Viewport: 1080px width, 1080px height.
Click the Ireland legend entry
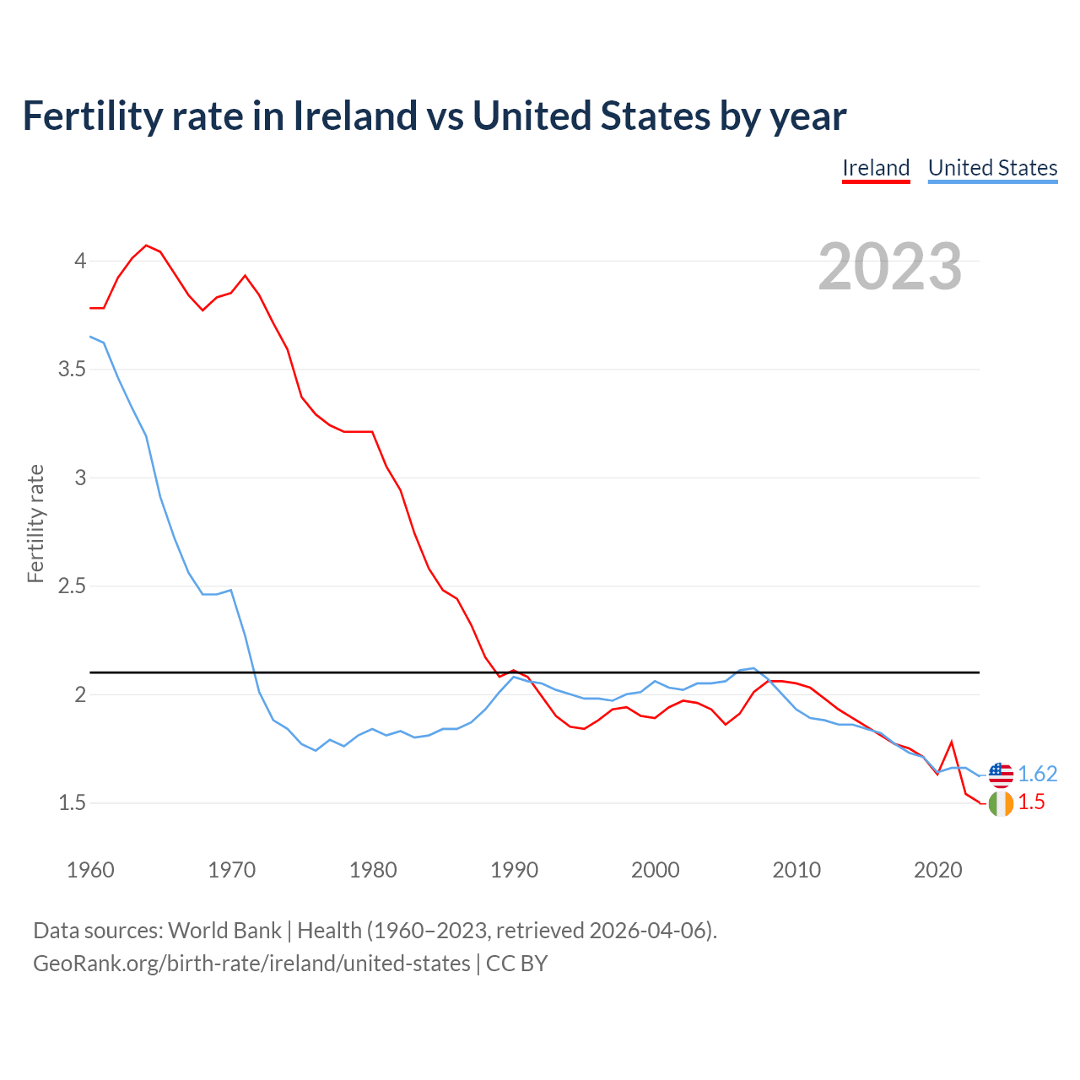(x=876, y=168)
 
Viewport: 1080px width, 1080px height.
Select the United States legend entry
(x=992, y=168)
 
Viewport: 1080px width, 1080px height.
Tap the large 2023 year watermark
(x=890, y=267)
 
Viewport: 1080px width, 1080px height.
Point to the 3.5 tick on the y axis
(x=72, y=370)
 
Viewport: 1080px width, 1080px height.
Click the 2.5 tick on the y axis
(x=72, y=586)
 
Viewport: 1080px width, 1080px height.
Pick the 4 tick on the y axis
(x=80, y=261)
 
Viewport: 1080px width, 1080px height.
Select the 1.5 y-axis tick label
(x=72, y=803)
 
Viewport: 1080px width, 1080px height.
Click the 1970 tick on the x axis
(x=231, y=870)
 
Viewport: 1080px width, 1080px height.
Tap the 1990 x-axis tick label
(x=514, y=870)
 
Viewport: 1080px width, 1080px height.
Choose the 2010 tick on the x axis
(x=796, y=870)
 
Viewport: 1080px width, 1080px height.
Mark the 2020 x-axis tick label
(x=937, y=870)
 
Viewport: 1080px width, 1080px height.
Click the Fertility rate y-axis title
(x=35, y=523)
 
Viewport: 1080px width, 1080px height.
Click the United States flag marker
(x=1001, y=774)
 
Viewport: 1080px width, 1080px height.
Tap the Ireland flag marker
(x=1001, y=804)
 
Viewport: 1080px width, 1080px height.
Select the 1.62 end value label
(x=1037, y=774)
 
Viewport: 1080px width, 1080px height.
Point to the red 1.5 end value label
(x=1031, y=802)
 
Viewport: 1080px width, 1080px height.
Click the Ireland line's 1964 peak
(x=146, y=246)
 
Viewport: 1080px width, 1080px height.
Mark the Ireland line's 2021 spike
(x=952, y=742)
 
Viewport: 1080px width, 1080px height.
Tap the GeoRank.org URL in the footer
(x=251, y=964)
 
